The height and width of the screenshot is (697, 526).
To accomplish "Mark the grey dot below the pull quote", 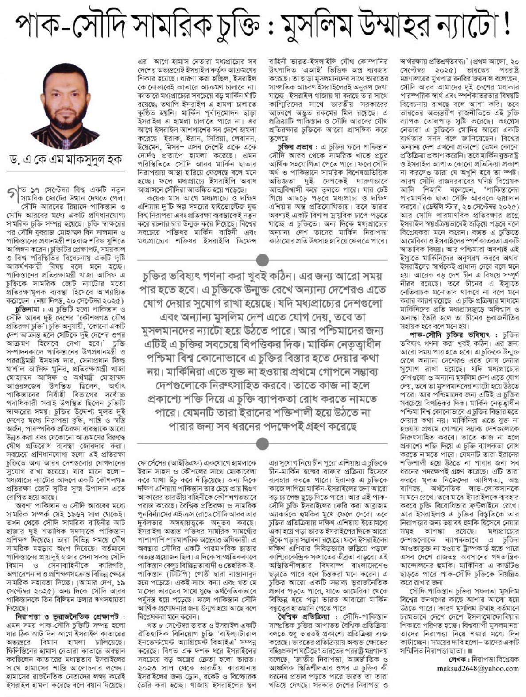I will pos(263,443).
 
